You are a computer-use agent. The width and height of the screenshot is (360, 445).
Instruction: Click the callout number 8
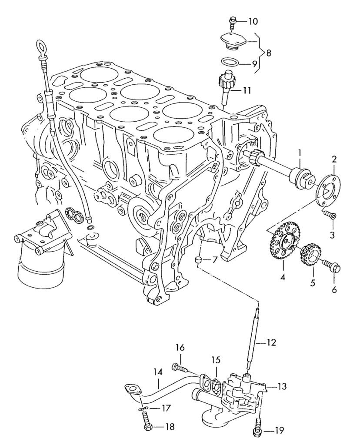(268, 54)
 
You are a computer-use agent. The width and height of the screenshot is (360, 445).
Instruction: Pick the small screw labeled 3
(331, 214)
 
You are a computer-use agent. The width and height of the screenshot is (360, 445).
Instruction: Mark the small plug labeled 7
(199, 260)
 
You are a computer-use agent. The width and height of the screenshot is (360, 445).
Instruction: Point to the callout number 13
(283, 386)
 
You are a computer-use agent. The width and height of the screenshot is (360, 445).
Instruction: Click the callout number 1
(300, 152)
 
